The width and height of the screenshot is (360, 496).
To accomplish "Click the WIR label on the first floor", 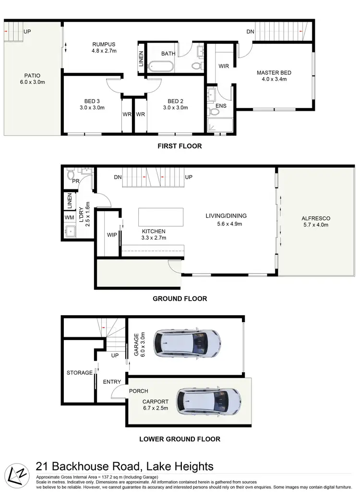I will [x=223, y=66].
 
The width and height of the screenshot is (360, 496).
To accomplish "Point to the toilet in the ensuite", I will [x=214, y=112].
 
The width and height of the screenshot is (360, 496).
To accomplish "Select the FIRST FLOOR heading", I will [x=180, y=146].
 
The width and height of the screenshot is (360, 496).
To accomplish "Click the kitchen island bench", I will [x=161, y=216].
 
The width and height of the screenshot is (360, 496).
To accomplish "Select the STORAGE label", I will [x=80, y=373].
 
